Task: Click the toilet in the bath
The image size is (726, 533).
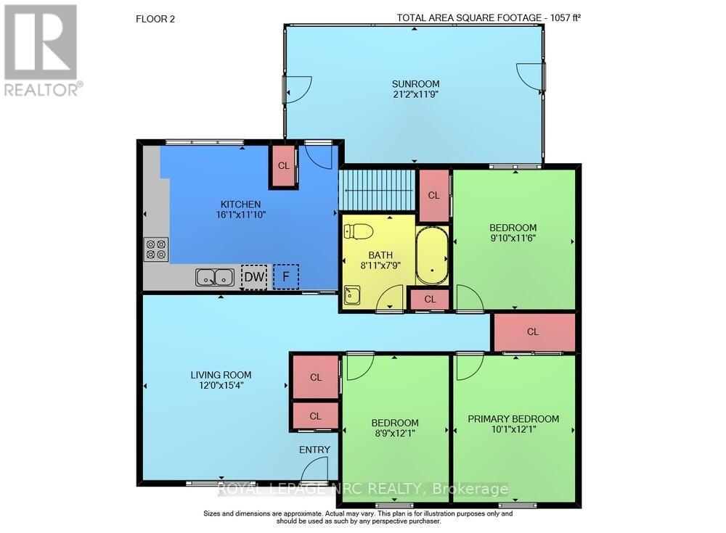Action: point(359,232)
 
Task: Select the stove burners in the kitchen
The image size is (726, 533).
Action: point(156,249)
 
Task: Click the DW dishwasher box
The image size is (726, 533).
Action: point(253,277)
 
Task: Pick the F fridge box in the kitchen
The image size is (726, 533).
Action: point(286,276)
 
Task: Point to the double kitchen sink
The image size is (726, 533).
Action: point(214,277)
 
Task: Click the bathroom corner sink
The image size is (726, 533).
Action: point(353,295)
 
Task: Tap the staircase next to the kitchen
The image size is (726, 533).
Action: point(377,190)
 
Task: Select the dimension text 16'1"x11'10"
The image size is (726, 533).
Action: point(240,215)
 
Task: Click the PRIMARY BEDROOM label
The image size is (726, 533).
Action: point(513,418)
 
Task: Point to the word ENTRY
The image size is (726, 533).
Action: point(314,450)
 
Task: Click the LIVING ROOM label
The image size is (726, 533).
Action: point(221,375)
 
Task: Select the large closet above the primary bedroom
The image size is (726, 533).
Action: point(533,331)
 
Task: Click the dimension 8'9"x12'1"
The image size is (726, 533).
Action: point(395,434)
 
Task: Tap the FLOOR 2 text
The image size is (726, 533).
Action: point(155,19)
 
